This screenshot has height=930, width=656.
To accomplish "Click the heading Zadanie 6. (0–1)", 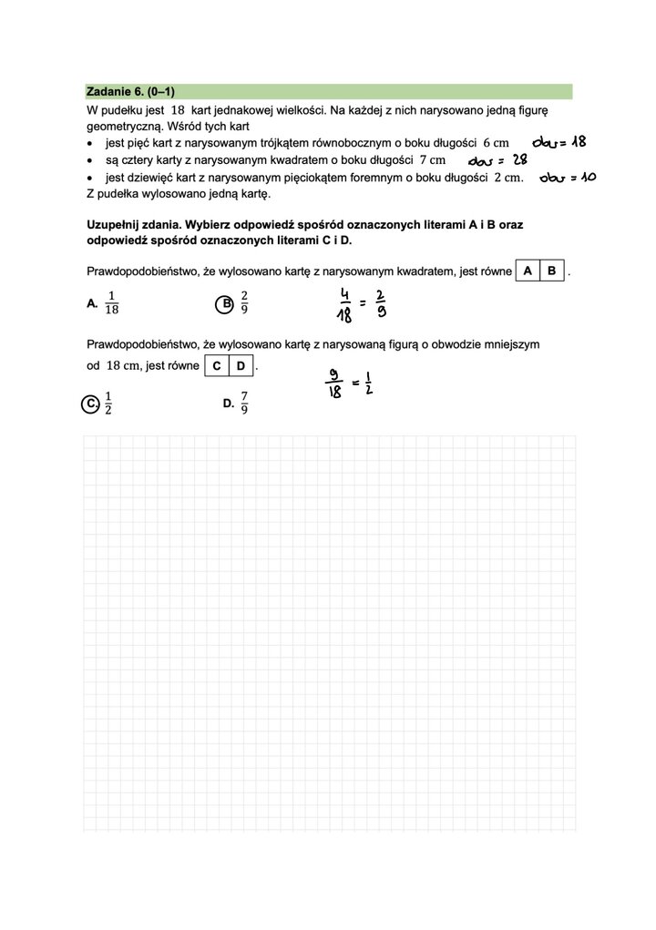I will click(x=129, y=92).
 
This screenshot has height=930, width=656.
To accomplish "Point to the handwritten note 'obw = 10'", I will click(x=567, y=177).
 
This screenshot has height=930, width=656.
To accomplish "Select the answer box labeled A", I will click(x=528, y=271).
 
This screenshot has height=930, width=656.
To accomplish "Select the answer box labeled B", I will click(x=552, y=271).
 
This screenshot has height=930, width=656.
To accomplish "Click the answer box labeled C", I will click(x=216, y=366).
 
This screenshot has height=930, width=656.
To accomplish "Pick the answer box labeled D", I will click(x=241, y=366).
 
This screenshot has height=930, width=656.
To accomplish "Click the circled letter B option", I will click(x=223, y=304).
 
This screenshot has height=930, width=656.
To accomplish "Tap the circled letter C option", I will click(x=90, y=404).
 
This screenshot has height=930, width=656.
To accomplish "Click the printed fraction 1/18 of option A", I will click(x=112, y=303).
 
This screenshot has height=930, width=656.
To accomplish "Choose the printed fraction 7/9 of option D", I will click(x=244, y=403).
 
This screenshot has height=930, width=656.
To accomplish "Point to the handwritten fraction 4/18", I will click(x=344, y=305).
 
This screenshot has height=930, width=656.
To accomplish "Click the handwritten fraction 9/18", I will click(x=334, y=383).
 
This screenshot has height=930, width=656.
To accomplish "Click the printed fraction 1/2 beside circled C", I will click(x=108, y=403).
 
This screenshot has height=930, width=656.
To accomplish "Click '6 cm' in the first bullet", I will click(x=495, y=143).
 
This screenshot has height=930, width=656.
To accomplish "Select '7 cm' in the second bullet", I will click(x=432, y=160).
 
